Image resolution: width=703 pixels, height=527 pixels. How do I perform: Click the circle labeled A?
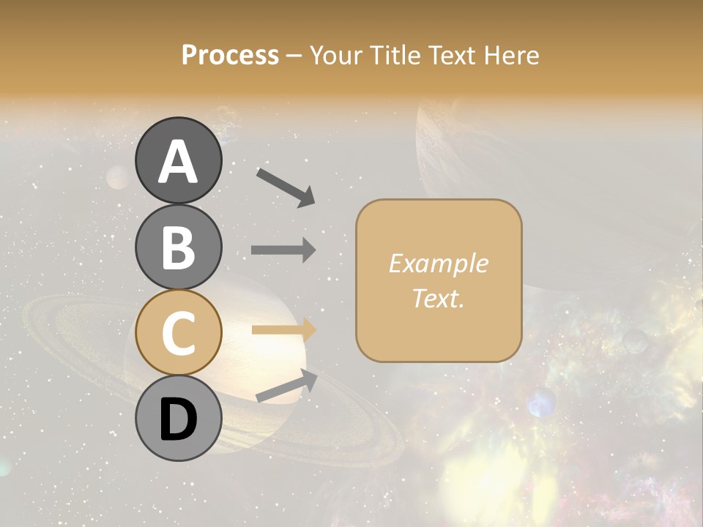(178, 160)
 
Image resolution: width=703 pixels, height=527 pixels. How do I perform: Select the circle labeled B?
(178, 247)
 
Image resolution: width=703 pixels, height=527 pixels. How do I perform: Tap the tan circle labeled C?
(178, 332)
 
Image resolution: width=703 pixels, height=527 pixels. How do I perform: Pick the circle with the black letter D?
(178, 418)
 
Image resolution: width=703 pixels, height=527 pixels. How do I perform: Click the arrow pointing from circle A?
(286, 187)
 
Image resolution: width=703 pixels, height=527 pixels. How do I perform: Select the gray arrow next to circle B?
(283, 250)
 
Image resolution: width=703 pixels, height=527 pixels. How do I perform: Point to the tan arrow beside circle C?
(283, 330)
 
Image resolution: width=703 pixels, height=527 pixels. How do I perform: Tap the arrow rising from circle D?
(286, 386)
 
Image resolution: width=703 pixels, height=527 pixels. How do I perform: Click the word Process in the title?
(230, 55)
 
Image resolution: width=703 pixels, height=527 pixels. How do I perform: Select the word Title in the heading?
(390, 55)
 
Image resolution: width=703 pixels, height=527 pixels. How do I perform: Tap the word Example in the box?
(438, 263)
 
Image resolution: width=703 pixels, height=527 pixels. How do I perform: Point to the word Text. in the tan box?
(438, 298)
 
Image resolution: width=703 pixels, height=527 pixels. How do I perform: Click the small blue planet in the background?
(541, 402)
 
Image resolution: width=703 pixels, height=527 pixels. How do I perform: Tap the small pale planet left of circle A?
(118, 177)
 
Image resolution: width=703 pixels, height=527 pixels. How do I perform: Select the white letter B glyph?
(178, 247)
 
